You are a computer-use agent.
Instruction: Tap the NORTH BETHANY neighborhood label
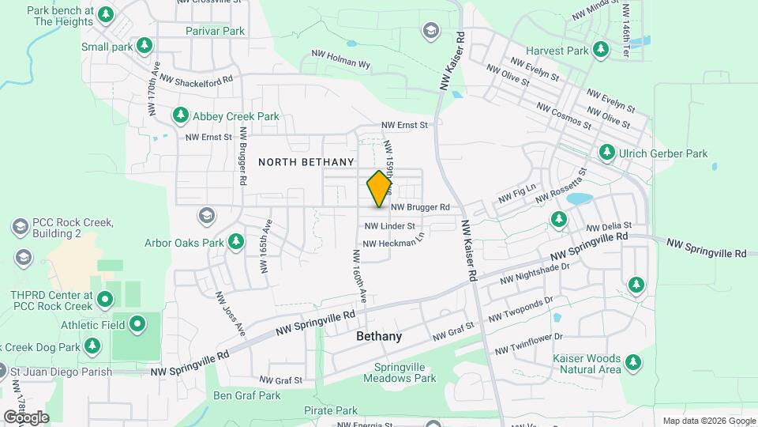[x=306, y=162]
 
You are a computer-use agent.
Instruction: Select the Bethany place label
[x=379, y=336]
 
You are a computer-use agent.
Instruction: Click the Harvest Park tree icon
[x=602, y=51]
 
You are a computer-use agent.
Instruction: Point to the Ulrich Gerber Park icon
[x=607, y=153]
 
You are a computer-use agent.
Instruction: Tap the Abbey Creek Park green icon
[x=181, y=116]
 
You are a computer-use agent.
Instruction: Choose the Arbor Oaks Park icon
[x=236, y=242]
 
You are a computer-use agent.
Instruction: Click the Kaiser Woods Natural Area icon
[x=632, y=363]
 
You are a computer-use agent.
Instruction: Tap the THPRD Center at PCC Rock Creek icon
[x=105, y=300]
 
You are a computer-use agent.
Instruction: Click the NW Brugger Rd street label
[x=420, y=207]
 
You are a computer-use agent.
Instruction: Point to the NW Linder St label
[x=389, y=226]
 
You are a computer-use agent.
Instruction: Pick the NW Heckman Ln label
[x=396, y=243]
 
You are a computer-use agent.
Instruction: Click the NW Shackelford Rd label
[x=197, y=79]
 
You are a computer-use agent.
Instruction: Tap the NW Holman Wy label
[x=340, y=65]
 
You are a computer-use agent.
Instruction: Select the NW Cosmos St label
[x=563, y=115]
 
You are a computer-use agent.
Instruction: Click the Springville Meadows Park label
[x=405, y=373]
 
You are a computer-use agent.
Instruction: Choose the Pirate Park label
[x=330, y=411]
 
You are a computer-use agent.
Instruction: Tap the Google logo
[x=26, y=417]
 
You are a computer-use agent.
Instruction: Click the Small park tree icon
[x=144, y=47]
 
